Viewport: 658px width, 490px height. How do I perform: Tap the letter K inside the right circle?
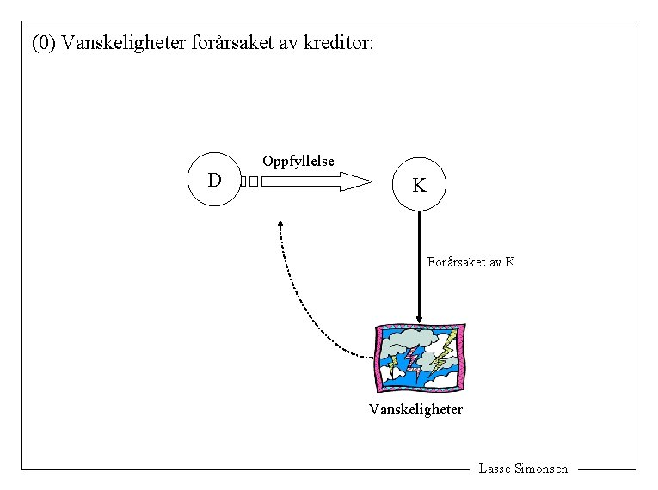[x=419, y=185]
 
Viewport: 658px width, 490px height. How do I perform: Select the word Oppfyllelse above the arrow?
[x=298, y=161]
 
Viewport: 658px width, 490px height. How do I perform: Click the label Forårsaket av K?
[x=470, y=262]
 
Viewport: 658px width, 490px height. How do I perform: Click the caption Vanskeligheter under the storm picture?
[x=415, y=409]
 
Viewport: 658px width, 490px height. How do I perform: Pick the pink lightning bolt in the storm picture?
[x=414, y=360]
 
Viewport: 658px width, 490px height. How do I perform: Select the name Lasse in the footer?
[x=494, y=469]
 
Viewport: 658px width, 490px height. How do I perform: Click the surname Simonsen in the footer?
[x=541, y=469]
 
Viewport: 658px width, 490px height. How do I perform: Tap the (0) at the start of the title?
[x=42, y=42]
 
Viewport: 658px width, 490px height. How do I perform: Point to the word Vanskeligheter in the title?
[x=122, y=42]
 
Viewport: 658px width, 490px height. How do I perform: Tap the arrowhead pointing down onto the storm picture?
[x=419, y=319]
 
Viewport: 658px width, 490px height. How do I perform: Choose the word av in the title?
[x=289, y=42]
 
